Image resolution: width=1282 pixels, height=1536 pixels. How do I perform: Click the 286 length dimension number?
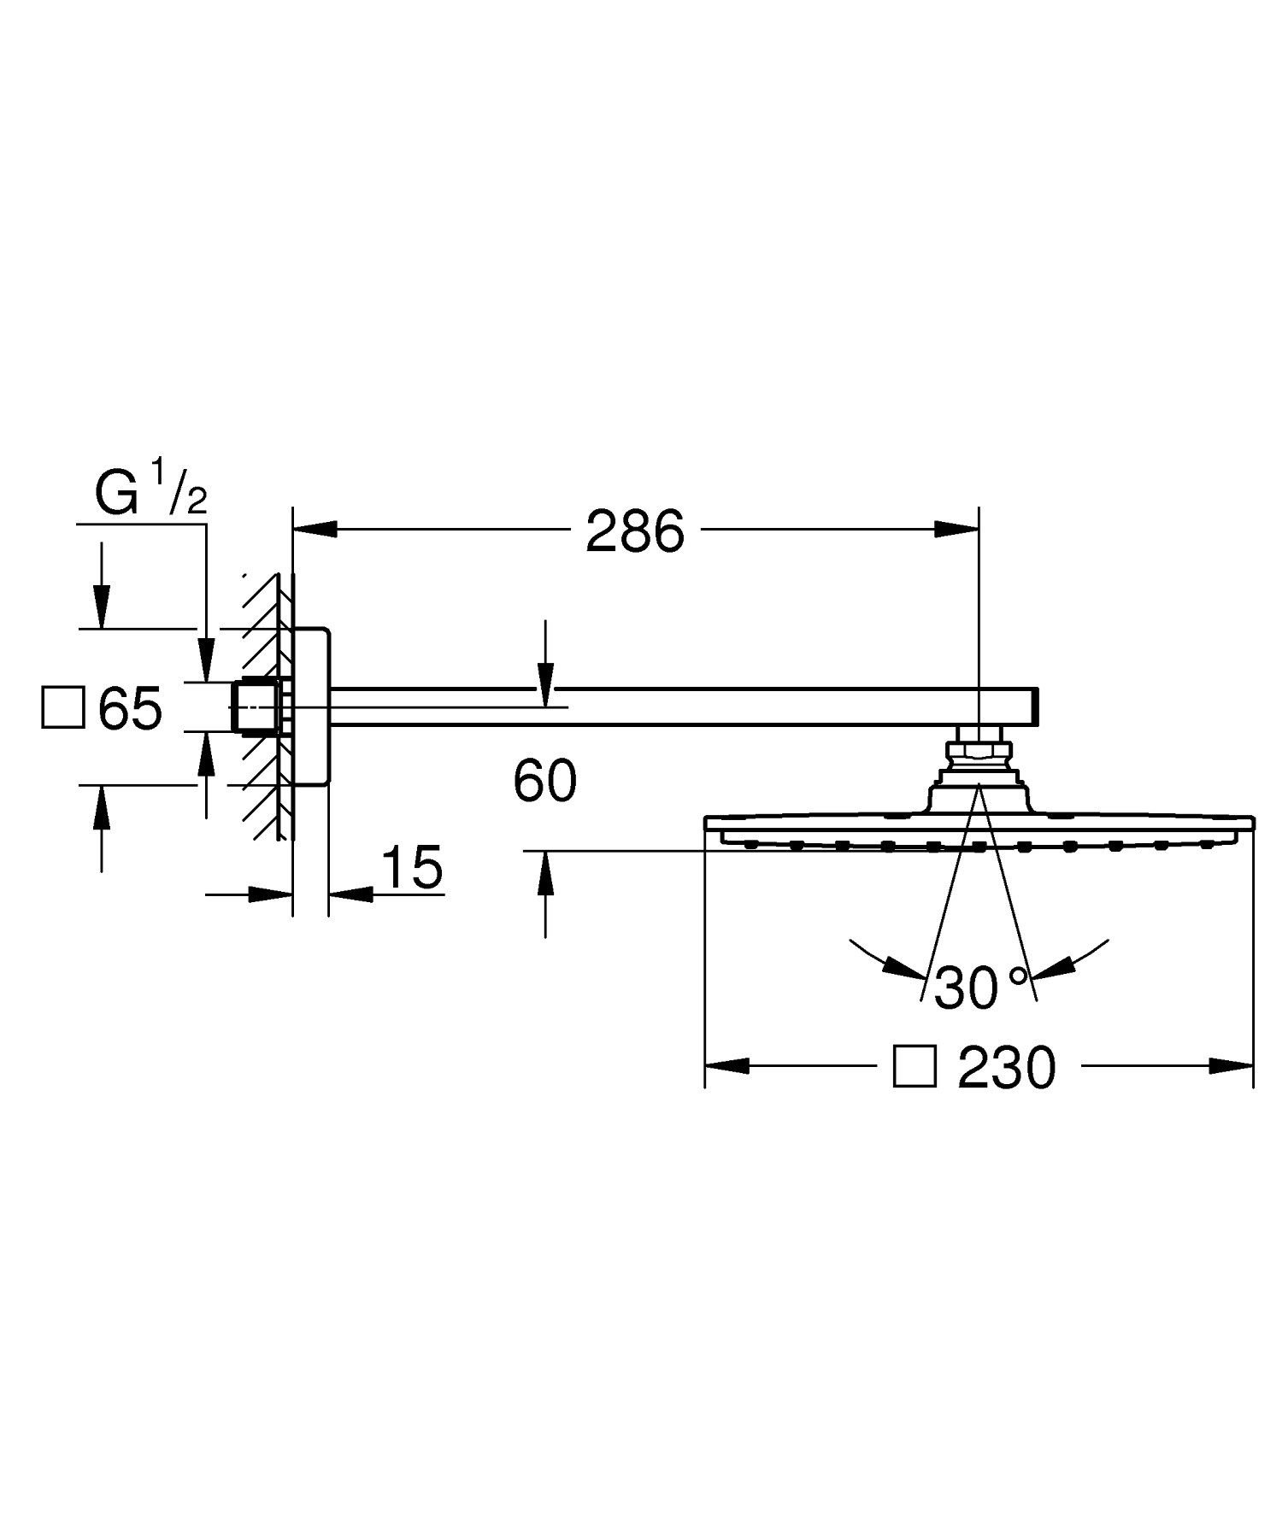click(x=635, y=531)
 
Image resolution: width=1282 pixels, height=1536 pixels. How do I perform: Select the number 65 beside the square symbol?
click(x=130, y=708)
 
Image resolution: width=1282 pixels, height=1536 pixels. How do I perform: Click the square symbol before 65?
click(x=63, y=708)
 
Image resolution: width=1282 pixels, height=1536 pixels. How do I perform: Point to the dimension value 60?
click(x=545, y=781)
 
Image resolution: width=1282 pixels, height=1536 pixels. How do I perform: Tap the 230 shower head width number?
click(x=1007, y=1068)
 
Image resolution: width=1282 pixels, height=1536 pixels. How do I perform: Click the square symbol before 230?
click(x=914, y=1067)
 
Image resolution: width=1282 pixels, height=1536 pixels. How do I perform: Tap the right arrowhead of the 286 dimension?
click(x=957, y=531)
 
